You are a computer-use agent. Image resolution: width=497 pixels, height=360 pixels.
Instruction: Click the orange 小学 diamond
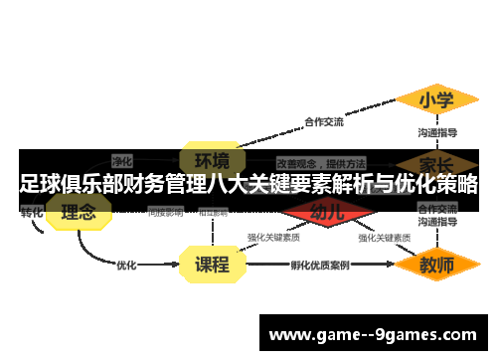[x=436, y=100]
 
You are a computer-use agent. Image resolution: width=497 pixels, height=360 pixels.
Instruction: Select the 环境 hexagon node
[x=211, y=160]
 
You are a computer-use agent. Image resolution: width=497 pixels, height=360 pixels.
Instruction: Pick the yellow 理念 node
[x=79, y=212]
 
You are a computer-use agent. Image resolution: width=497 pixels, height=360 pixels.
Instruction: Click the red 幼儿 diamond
[x=327, y=212]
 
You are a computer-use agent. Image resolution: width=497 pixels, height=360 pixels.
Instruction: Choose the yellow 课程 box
[x=212, y=265]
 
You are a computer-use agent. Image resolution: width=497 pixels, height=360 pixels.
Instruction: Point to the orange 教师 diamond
[x=436, y=266]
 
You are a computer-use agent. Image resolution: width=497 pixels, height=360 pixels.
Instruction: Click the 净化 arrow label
[x=122, y=159]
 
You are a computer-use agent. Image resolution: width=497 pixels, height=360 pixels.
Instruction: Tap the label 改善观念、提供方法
[x=320, y=162]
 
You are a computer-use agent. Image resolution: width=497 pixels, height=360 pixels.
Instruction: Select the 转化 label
[x=32, y=212]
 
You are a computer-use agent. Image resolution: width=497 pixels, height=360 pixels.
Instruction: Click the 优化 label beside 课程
[x=126, y=266]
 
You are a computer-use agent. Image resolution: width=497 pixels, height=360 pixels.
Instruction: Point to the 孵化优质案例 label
[x=320, y=266]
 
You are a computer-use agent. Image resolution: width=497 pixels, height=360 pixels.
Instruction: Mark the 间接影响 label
[x=165, y=212]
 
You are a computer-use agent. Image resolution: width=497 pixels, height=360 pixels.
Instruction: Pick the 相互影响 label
[x=214, y=212]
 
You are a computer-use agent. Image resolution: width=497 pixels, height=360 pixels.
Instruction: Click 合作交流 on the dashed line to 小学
[x=324, y=122]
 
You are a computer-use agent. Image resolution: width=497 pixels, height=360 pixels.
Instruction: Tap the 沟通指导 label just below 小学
[x=436, y=131]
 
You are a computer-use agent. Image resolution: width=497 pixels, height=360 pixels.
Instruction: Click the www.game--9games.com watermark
[x=373, y=335]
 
